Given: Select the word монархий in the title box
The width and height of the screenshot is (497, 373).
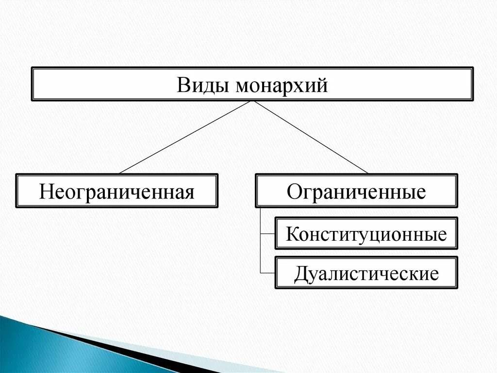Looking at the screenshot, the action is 282,86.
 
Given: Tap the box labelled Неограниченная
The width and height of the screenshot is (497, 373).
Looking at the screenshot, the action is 117,191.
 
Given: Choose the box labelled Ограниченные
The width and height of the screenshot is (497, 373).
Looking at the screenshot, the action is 356,191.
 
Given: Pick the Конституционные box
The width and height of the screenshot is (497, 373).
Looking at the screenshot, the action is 366,234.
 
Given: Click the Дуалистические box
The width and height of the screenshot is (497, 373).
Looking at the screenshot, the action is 366,273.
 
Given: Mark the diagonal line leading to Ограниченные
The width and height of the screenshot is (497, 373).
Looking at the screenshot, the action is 311,137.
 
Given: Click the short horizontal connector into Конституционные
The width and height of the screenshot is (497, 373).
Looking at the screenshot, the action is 267,234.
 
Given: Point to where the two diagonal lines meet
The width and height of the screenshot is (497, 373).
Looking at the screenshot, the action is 252,101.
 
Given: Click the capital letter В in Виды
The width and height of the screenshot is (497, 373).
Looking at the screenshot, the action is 183,85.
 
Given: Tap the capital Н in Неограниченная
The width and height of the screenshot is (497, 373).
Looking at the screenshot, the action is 45,191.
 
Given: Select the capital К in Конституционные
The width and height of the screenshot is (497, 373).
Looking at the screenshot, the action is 291,234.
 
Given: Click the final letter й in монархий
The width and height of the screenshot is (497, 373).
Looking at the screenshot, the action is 322,85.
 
